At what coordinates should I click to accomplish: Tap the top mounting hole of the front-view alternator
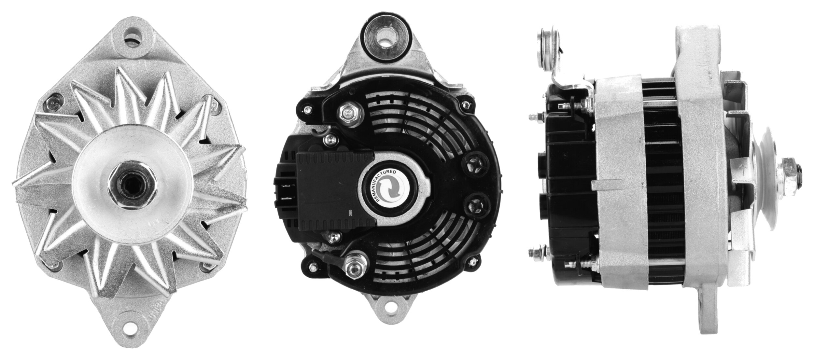pos(135,34)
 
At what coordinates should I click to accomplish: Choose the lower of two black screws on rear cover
pos(475,204)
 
